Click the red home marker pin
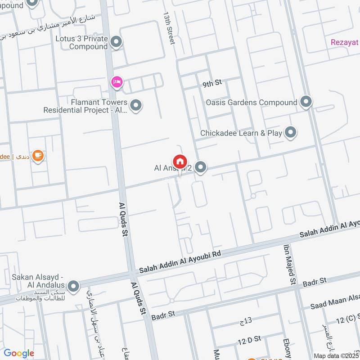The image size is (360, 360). tap(180, 162)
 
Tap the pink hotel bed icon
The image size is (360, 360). tap(117, 82)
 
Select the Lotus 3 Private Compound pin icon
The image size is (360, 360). tap(117, 42)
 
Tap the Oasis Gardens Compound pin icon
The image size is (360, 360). tap(306, 102)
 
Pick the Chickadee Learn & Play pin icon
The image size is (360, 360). tap(291, 133)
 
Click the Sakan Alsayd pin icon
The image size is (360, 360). tap(73, 286)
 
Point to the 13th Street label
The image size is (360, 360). tap(169, 28)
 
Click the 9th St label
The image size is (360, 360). tap(212, 83)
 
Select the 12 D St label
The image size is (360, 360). tap(251, 338)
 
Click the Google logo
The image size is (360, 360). tap(19, 353)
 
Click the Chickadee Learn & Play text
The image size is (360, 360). tap(241, 133)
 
